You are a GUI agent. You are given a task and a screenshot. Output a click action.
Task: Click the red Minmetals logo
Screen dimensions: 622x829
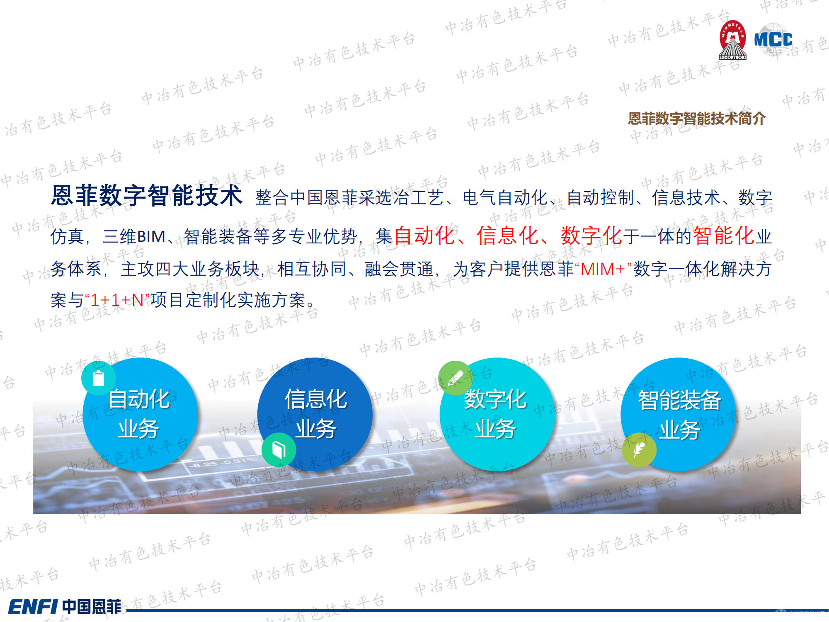point(732,40)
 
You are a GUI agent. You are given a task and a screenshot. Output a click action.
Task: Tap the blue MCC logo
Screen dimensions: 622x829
point(773,39)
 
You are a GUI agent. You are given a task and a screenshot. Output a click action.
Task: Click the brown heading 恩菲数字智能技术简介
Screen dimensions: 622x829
point(696,119)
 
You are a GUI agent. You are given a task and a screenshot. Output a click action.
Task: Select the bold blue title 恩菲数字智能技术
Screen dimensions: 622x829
point(146,196)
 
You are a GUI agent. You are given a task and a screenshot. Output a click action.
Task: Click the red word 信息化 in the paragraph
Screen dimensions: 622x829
point(507,236)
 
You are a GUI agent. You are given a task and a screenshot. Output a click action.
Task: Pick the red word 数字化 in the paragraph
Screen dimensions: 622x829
point(591,236)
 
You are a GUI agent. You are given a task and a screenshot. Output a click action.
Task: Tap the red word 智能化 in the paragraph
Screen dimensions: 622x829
point(723,236)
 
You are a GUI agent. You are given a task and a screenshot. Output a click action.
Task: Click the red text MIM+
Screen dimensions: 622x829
point(603,269)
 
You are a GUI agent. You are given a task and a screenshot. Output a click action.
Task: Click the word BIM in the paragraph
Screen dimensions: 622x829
point(151,236)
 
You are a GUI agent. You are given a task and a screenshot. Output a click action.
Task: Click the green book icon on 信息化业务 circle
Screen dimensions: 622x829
point(279,449)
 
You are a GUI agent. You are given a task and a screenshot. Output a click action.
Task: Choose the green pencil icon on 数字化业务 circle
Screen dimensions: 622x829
point(455,378)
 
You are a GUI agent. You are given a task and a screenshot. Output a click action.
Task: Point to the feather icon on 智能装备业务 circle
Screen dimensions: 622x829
point(639,449)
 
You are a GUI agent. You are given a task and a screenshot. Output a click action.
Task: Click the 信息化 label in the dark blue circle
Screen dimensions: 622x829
point(316,399)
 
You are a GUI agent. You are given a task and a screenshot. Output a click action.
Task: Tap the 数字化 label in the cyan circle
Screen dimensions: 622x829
point(495,399)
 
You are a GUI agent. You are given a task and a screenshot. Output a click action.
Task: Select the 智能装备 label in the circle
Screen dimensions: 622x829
point(680,400)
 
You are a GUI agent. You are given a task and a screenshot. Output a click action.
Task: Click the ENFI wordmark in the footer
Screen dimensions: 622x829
point(33,607)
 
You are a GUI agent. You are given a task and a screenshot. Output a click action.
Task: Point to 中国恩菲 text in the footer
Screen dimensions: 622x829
point(92,607)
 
